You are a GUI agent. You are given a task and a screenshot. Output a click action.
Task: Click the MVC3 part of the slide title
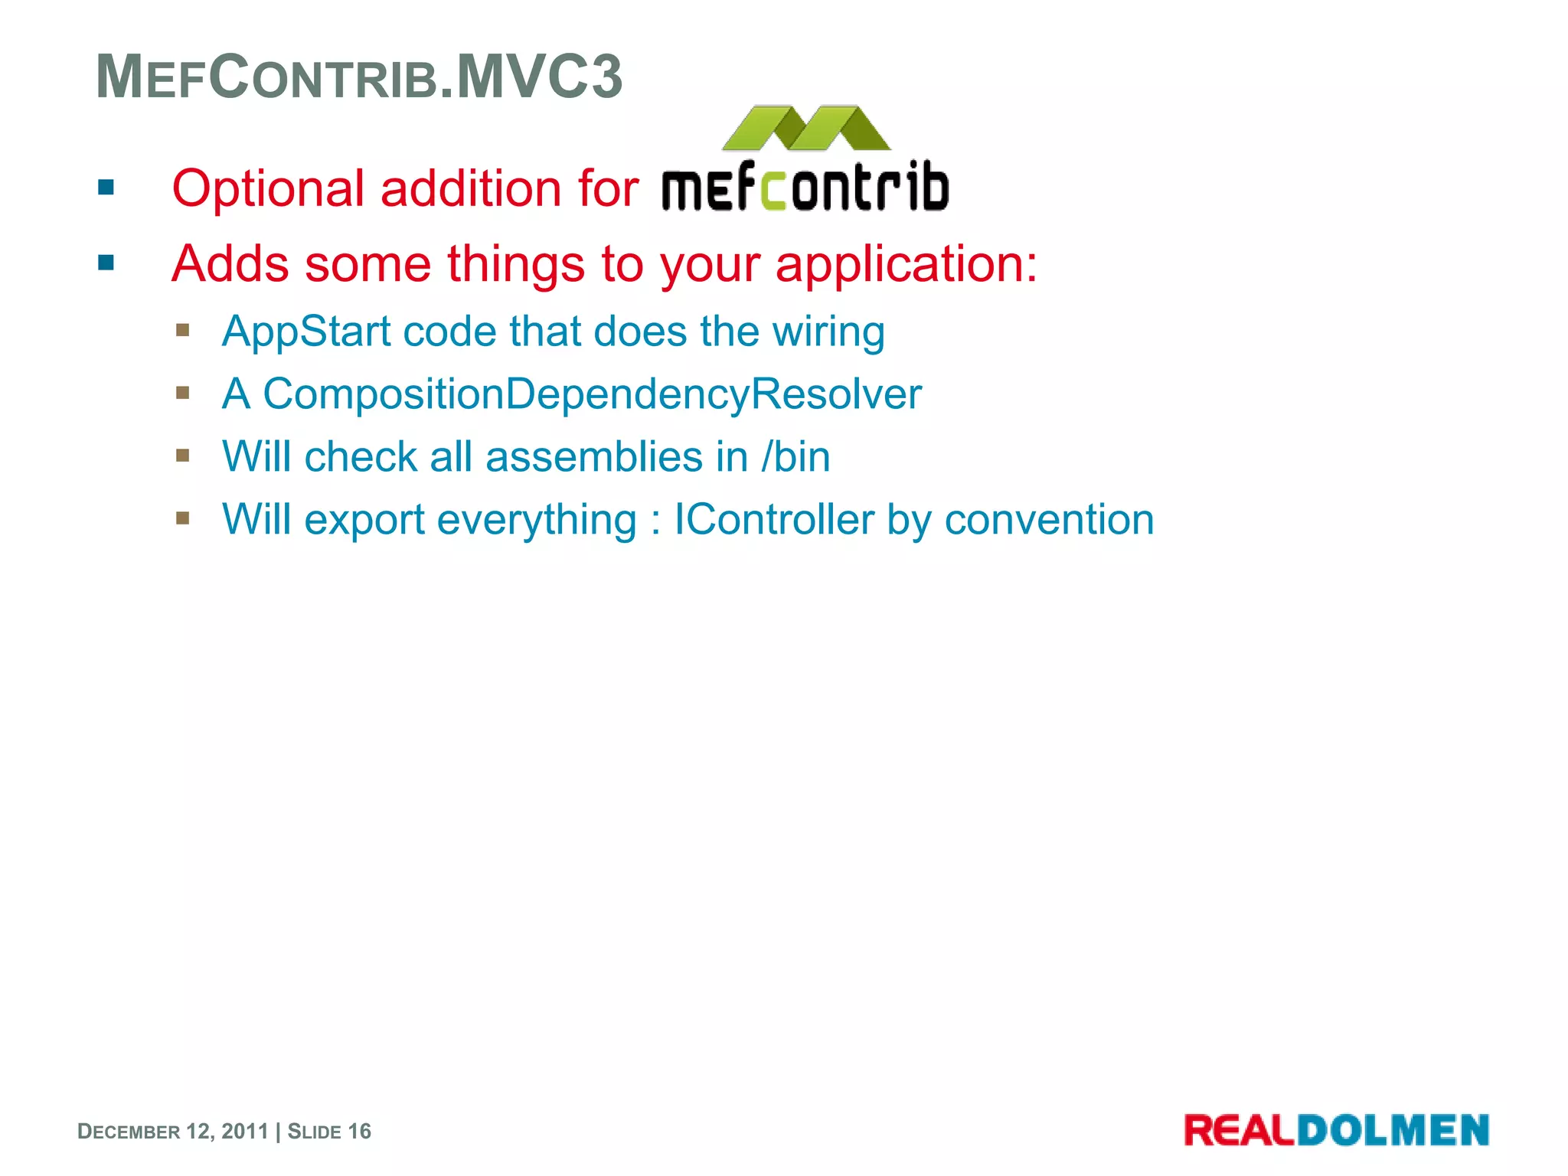pos(540,77)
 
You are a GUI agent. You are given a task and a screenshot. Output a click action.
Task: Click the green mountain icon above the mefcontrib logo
pos(805,129)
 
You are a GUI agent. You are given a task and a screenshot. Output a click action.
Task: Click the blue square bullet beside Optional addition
pos(106,188)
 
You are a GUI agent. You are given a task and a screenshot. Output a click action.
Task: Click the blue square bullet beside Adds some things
pos(106,263)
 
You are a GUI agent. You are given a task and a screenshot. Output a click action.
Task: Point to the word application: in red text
pos(906,264)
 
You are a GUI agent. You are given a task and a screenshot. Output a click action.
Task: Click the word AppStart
pos(306,332)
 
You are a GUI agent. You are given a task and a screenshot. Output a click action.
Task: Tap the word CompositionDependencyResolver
pos(592,394)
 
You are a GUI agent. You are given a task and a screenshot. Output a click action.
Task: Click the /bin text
pos(795,457)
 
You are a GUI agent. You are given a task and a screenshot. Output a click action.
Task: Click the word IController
pos(773,520)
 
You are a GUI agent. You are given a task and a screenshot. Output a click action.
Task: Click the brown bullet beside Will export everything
pos(182,518)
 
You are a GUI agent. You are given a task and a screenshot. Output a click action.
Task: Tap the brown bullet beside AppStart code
pos(182,330)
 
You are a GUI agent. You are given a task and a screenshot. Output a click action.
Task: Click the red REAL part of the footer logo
pos(1239,1131)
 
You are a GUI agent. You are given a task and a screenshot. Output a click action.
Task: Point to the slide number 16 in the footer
pos(359,1132)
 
